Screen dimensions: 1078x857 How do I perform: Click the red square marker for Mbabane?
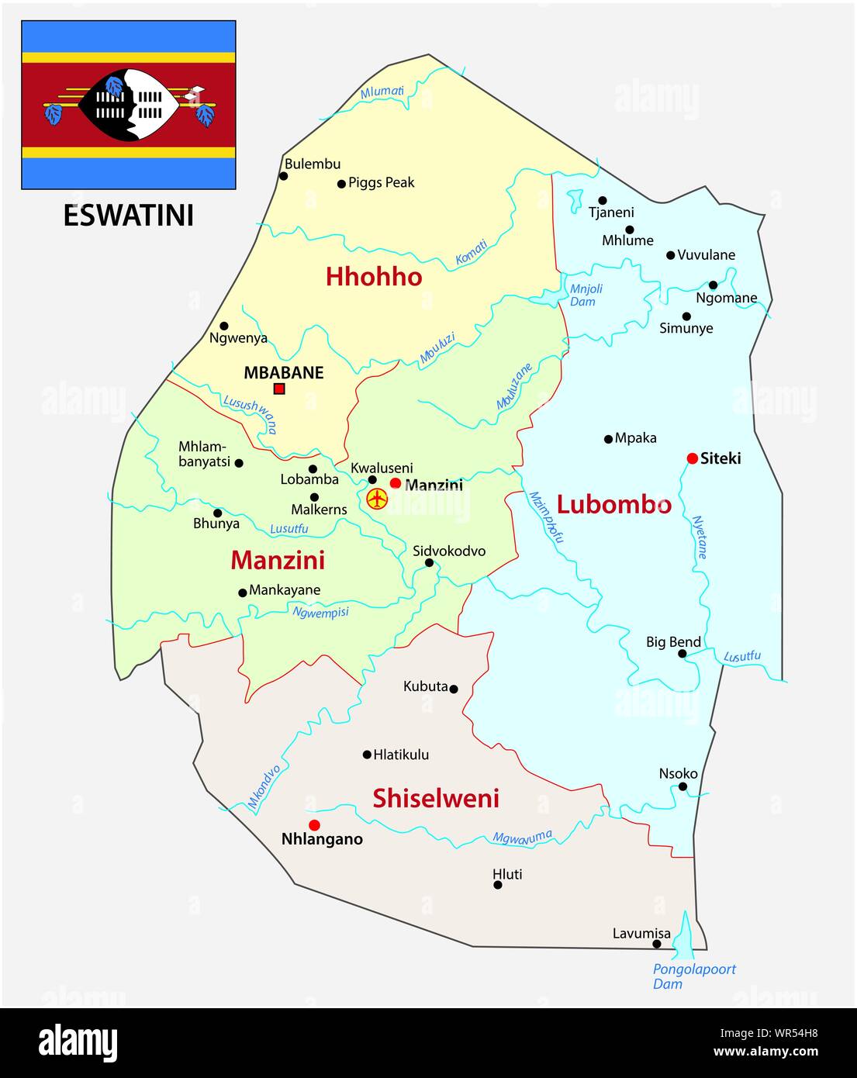point(279,389)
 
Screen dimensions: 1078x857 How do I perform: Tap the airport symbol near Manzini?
point(377,499)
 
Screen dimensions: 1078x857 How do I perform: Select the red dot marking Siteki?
point(692,458)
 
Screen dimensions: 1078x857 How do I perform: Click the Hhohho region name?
point(374,277)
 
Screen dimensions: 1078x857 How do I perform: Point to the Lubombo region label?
point(613,505)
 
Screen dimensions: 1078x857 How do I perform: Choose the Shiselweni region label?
point(436,798)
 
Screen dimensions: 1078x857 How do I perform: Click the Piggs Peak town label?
point(381,183)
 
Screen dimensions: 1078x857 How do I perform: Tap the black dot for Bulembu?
point(284,176)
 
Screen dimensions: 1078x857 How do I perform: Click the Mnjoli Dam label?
point(586,295)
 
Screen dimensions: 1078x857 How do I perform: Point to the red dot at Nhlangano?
point(313,824)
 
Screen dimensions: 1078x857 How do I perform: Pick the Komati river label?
point(471,254)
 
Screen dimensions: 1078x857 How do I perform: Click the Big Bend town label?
point(673,642)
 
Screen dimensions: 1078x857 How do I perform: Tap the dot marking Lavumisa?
point(657,944)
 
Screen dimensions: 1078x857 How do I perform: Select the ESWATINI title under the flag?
point(128,216)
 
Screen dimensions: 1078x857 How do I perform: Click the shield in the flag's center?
point(130,105)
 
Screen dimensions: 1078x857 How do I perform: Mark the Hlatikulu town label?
point(400,755)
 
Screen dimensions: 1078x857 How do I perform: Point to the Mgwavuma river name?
point(522,837)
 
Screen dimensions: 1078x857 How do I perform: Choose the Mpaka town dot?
point(608,439)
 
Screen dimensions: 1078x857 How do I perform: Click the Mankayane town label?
point(284,590)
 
